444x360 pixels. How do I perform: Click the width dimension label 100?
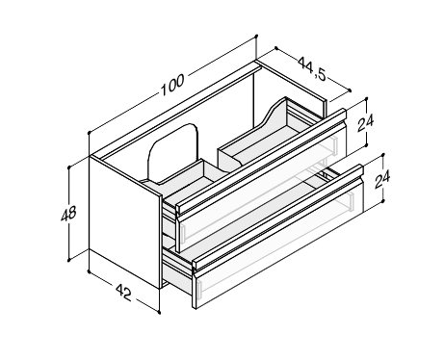(172, 85)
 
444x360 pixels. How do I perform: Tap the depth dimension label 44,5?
(312, 68)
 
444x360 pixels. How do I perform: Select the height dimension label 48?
(68, 214)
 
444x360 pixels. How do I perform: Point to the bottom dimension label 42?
(123, 293)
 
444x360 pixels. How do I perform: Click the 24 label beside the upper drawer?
(366, 123)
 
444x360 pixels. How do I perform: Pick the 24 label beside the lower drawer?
(382, 179)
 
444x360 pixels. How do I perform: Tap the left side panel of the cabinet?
(124, 222)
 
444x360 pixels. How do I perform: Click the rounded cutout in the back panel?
(172, 151)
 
